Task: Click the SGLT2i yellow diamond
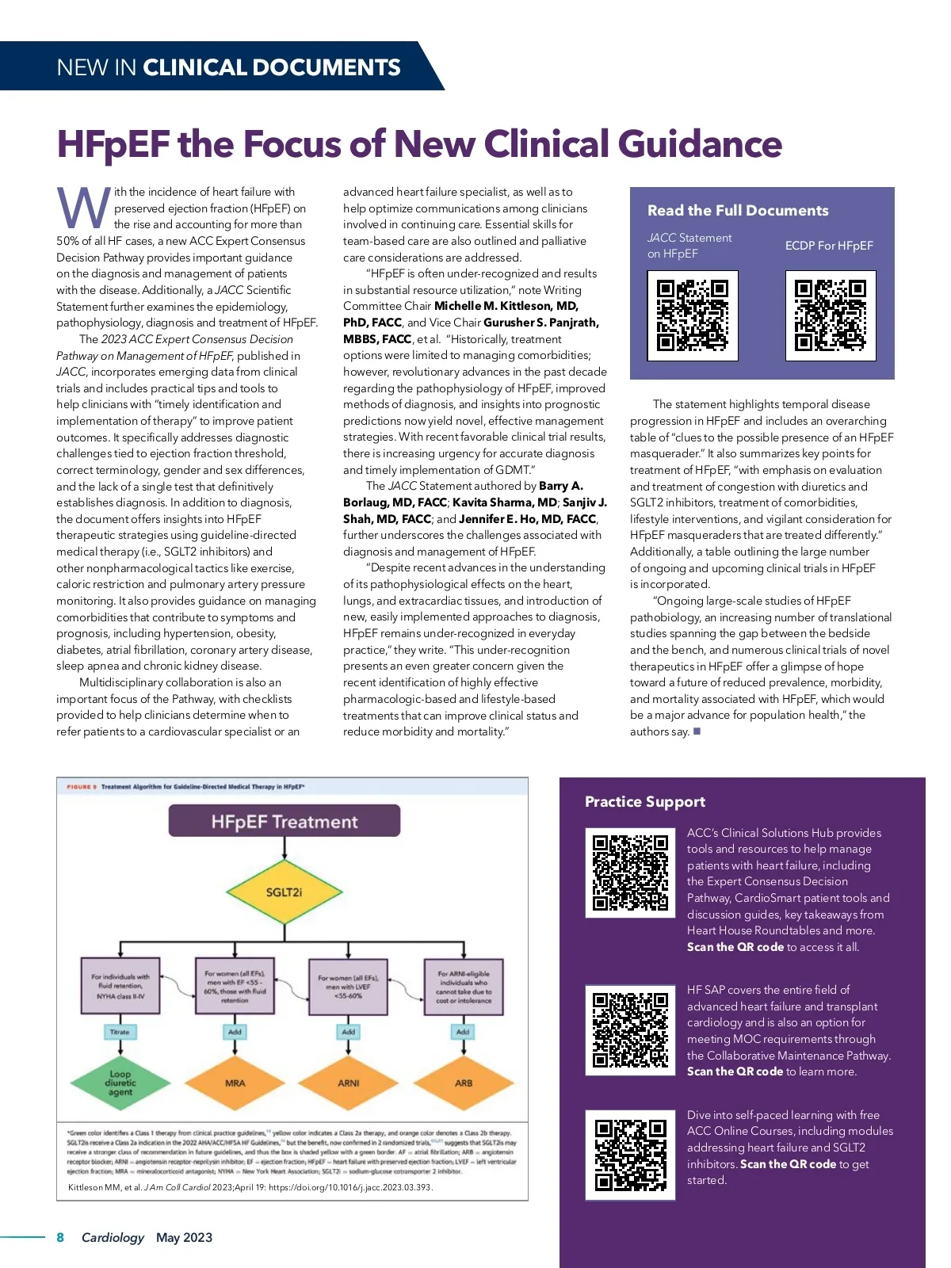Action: pos(284,892)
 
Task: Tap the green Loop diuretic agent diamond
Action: pos(120,1083)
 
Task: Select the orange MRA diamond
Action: pos(235,1083)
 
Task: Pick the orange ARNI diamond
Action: pos(349,1083)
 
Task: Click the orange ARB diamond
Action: pos(463,1083)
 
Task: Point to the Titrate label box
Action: pos(120,1032)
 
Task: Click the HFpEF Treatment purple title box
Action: pos(284,822)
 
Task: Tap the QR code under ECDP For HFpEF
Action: pos(830,315)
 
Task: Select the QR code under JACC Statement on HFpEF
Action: pos(693,315)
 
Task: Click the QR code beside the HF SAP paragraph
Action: pos(630,1030)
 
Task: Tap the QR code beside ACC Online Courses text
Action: pos(630,1155)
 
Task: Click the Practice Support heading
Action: pos(645,801)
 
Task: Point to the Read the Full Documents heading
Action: pos(738,210)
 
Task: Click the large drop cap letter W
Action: pos(83,208)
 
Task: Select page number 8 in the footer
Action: pos(60,1237)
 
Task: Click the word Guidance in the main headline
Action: pos(700,144)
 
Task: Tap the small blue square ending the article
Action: pos(697,731)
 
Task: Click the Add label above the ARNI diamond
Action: pos(349,1032)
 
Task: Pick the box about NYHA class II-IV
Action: pos(120,987)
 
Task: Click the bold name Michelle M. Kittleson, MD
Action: pos(506,306)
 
